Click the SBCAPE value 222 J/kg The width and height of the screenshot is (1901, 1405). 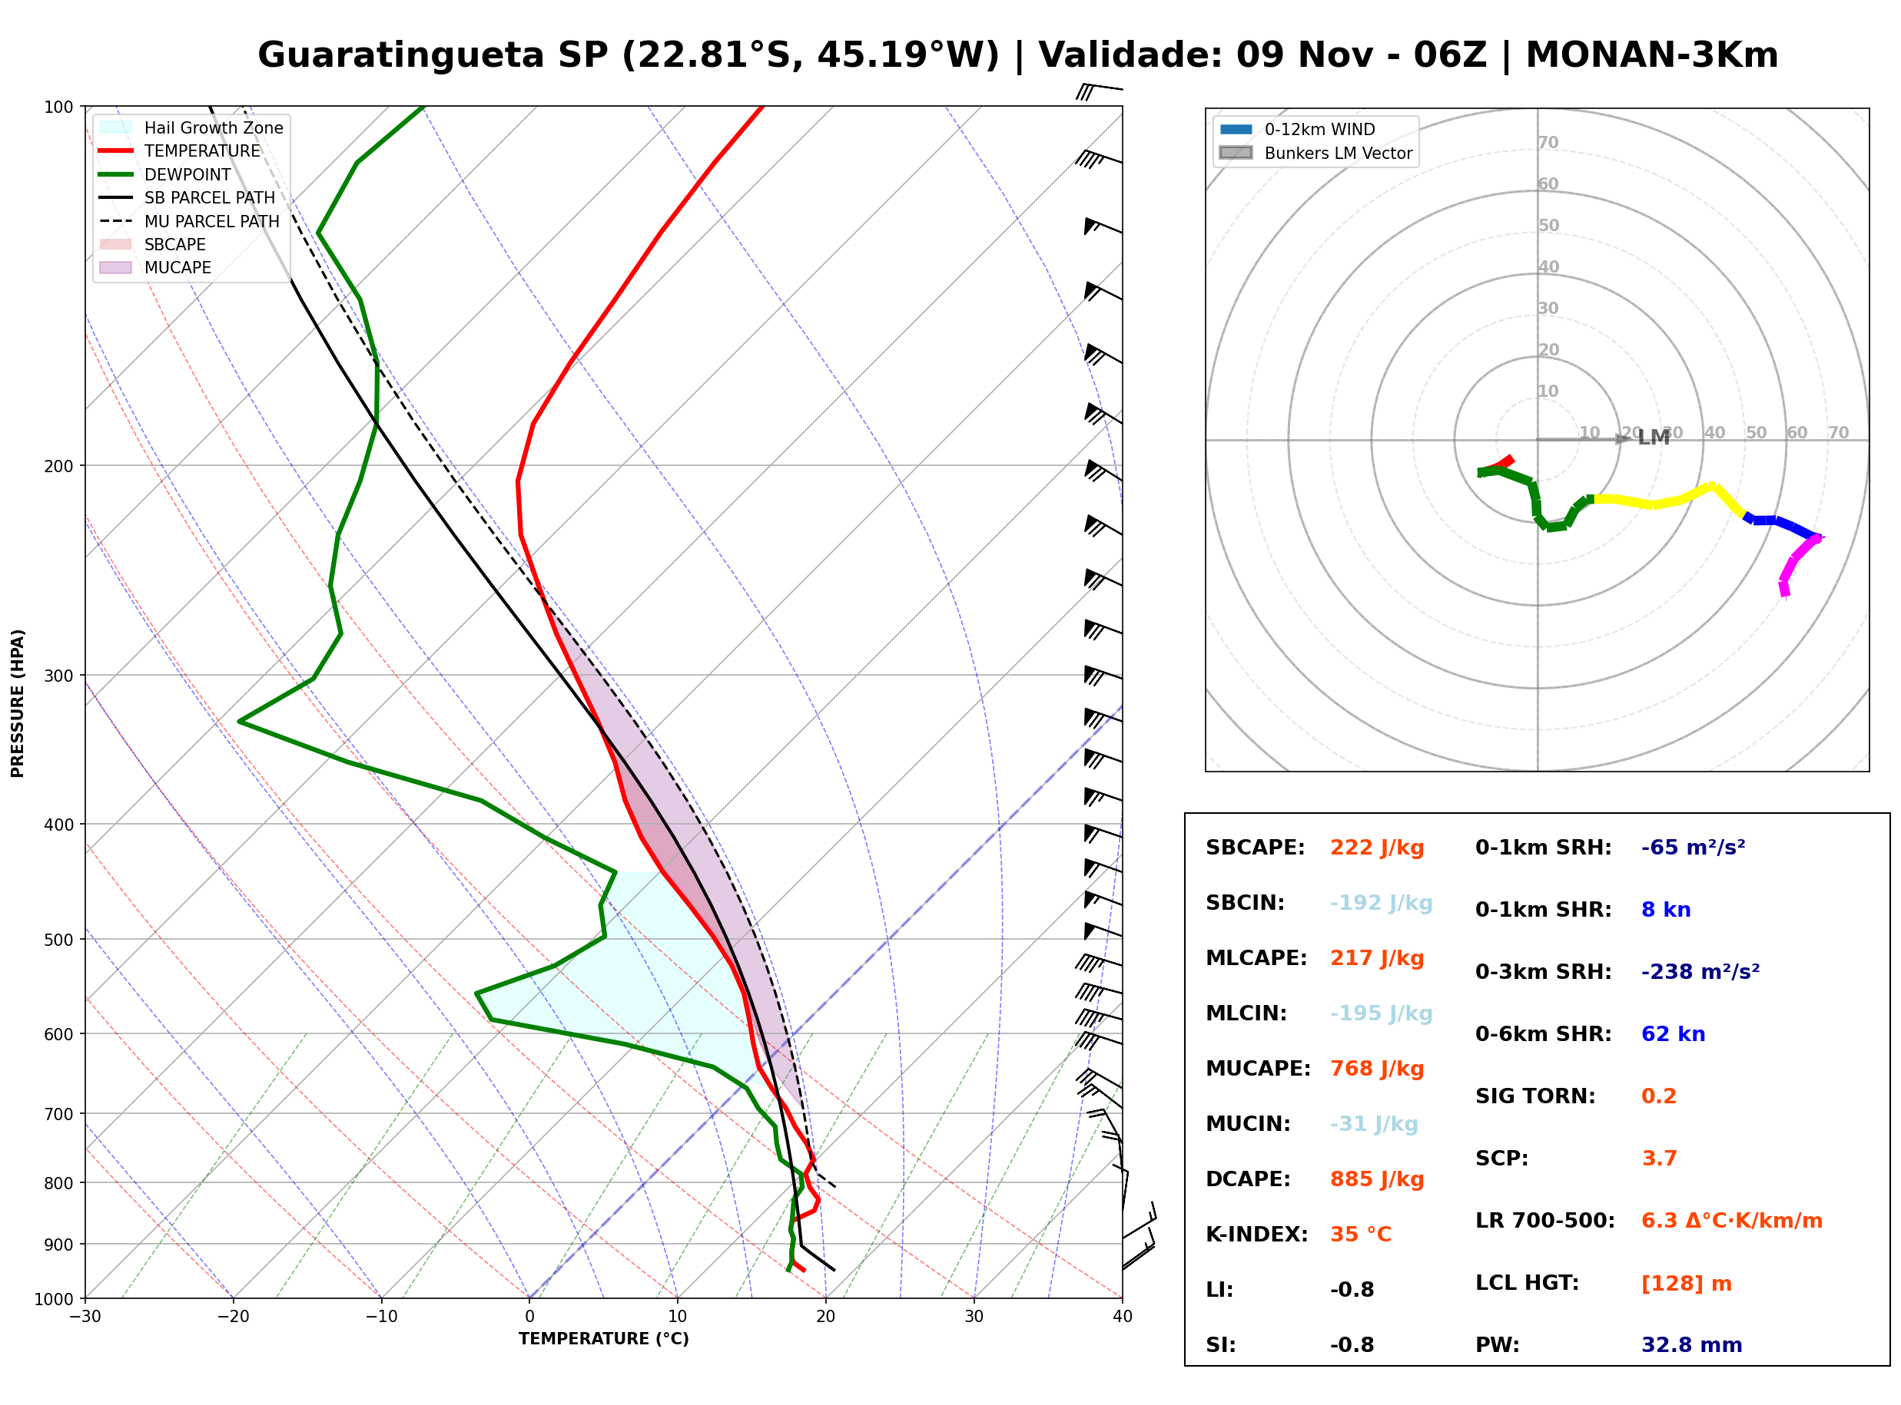click(x=1376, y=848)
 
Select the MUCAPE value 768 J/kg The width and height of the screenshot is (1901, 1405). click(x=1376, y=1069)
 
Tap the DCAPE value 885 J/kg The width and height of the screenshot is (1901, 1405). click(x=1376, y=1179)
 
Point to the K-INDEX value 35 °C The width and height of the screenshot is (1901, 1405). click(x=1360, y=1235)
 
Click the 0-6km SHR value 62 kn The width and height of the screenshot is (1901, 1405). click(x=1672, y=1035)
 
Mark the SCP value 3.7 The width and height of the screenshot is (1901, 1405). click(x=1658, y=1159)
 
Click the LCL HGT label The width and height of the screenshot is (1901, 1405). click(x=1527, y=1284)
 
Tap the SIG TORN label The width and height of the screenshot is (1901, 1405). click(x=1535, y=1097)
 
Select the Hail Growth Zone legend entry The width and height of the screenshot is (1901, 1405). click(x=191, y=127)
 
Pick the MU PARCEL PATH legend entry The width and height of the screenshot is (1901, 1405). click(x=189, y=221)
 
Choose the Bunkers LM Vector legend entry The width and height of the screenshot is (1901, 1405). click(x=1315, y=153)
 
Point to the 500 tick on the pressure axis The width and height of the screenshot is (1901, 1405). click(x=60, y=940)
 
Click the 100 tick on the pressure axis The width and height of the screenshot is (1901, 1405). click(x=60, y=106)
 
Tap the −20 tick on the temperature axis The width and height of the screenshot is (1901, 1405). click(x=233, y=1317)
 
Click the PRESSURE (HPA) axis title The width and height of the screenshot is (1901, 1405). click(x=17, y=703)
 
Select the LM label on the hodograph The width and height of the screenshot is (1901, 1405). click(x=1654, y=437)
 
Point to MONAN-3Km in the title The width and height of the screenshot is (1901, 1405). click(x=1652, y=55)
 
